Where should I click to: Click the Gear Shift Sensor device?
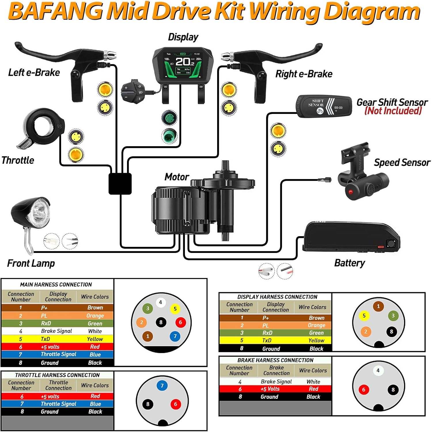(324, 106)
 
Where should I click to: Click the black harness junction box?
(120, 183)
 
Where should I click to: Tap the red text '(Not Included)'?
(393, 111)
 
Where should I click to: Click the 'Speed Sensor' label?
(402, 163)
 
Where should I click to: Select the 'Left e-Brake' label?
(34, 72)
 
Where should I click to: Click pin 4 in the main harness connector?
(160, 302)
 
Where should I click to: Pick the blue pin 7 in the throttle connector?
(162, 386)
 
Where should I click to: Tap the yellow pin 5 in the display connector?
(364, 315)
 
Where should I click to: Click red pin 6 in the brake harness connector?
(363, 390)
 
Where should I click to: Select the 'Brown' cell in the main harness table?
(95, 308)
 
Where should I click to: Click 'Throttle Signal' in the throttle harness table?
(58, 404)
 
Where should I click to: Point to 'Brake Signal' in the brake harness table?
(276, 382)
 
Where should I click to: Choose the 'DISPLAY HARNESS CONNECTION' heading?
(277, 297)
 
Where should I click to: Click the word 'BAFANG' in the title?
(56, 12)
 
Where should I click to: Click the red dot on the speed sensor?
(350, 191)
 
